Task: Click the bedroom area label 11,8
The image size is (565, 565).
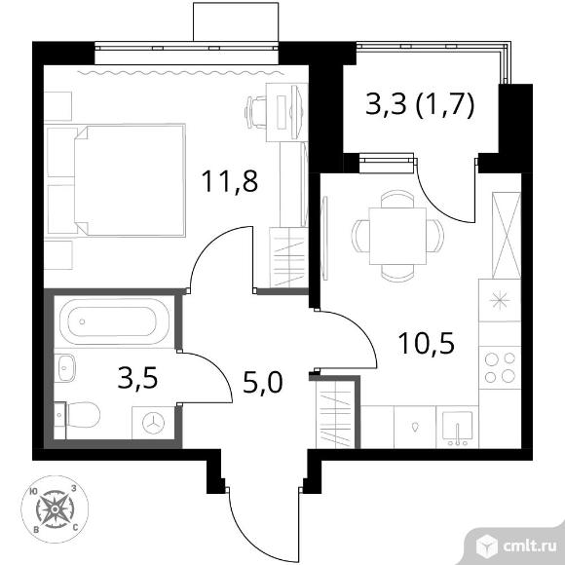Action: coord(230,181)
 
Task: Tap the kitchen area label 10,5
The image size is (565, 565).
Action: coord(426,344)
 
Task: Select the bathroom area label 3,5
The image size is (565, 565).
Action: coord(137,379)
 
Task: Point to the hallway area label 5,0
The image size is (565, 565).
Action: coord(263,382)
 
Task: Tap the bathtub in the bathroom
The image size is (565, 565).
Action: coord(114,321)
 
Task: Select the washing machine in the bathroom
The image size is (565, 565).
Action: coord(153,423)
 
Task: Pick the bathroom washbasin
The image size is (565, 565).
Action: coord(65,367)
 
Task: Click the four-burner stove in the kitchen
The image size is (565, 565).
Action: coord(500,367)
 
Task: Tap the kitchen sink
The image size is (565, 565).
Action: coord(457,427)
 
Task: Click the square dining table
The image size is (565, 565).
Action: coord(397,236)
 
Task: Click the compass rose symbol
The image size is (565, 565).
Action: coord(55,508)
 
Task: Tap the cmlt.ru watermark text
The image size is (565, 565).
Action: coord(530,547)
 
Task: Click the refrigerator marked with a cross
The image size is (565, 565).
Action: coord(507,236)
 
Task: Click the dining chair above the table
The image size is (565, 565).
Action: coord(397,199)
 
